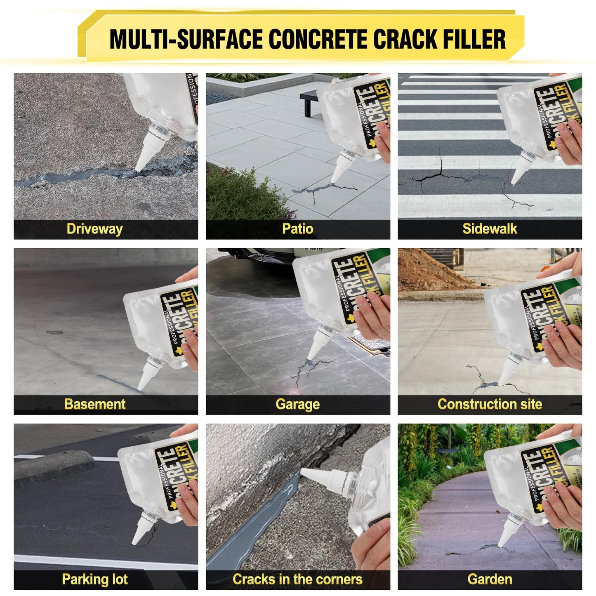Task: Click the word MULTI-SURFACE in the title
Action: (x=186, y=39)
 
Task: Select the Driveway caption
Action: (x=94, y=229)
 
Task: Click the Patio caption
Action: (x=297, y=229)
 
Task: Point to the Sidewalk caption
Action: (x=490, y=229)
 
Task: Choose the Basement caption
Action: (x=94, y=404)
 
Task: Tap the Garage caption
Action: (x=297, y=404)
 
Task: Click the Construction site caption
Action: (x=490, y=404)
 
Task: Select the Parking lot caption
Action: (x=94, y=580)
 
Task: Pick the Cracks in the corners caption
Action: (x=297, y=580)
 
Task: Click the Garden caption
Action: (x=490, y=580)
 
